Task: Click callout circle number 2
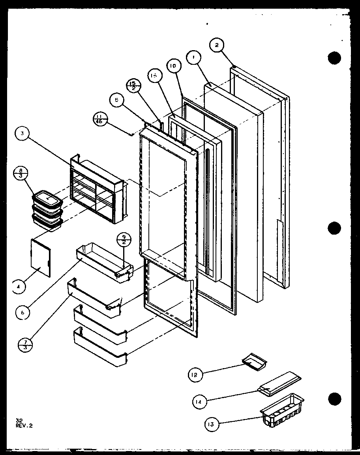[217, 45]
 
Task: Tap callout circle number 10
[173, 66]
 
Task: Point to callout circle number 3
[23, 133]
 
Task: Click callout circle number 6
[23, 312]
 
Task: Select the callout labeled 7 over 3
[25, 344]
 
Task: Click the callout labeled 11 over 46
[99, 118]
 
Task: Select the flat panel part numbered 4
[41, 257]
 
